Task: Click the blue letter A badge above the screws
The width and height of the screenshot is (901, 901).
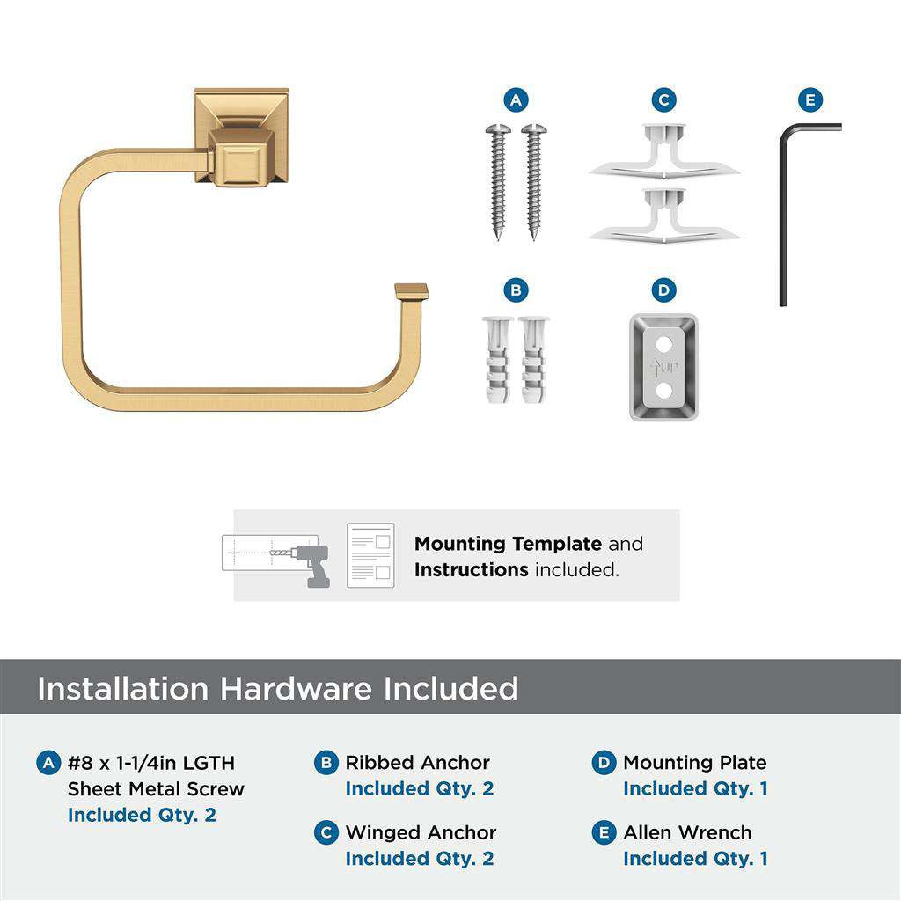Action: pos(516,100)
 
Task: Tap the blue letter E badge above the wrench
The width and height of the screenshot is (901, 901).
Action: pos(809,100)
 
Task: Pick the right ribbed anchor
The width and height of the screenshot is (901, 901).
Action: pos(533,359)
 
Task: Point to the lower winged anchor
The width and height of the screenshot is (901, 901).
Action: pos(664,216)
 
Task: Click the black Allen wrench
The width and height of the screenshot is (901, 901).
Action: pos(784,211)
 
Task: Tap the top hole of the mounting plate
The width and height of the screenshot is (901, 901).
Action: pos(663,339)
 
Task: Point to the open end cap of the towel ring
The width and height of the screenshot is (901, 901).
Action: pos(410,291)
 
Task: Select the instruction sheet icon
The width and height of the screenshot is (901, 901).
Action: pos(370,555)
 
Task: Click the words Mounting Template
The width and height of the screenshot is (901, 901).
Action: pos(508,544)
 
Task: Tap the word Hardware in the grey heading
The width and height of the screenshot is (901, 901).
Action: pos(296,688)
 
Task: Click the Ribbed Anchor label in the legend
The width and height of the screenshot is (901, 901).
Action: pos(417,763)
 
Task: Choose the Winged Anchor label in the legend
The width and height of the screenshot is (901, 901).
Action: pos(421,832)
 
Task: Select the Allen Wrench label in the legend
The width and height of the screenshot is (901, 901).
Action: pos(687,832)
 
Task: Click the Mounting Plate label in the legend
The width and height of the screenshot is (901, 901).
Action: pos(694,763)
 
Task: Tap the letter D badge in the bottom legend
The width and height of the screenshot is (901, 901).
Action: pos(604,763)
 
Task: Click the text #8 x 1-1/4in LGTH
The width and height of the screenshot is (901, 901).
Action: pos(151,763)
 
